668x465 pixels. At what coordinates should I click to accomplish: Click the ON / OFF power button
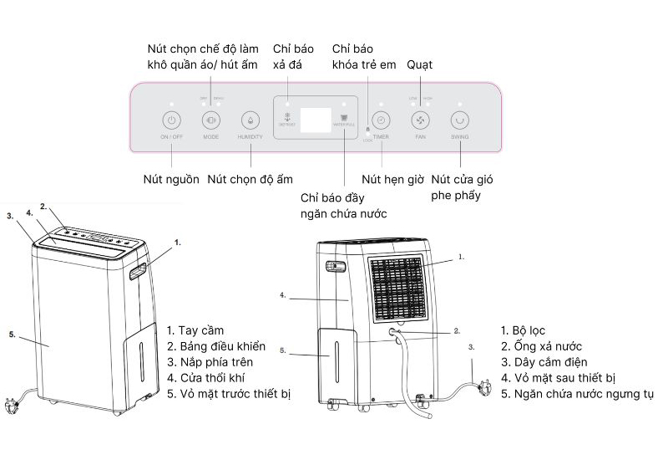170,119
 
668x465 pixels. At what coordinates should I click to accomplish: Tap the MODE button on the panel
210,119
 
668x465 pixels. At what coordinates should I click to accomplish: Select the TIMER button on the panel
381,119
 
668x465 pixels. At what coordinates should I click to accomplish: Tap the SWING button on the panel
460,119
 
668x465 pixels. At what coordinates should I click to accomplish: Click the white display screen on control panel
316,119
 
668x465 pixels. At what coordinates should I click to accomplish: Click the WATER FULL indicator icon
345,116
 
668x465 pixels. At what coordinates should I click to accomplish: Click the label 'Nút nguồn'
171,179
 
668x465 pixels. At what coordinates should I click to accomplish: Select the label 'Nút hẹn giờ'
393,179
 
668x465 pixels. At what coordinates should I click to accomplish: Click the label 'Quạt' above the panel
419,64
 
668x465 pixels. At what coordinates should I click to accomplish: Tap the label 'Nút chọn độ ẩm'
250,179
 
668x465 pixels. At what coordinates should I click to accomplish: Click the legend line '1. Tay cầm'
195,331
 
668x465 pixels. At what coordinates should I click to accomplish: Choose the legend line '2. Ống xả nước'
541,346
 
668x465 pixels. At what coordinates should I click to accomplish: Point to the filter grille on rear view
397,289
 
